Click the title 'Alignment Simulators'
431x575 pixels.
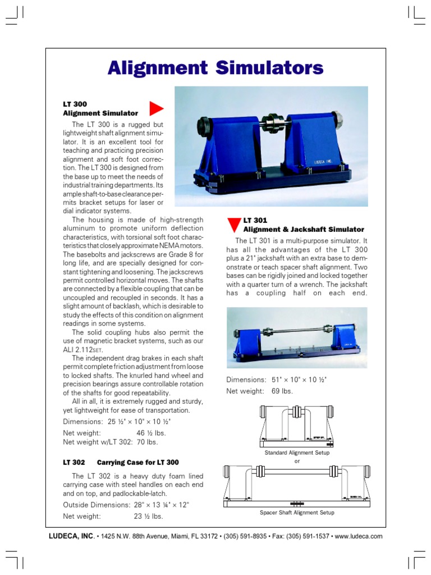click(x=215, y=68)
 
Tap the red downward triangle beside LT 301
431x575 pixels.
click(x=233, y=225)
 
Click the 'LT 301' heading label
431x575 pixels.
click(x=255, y=221)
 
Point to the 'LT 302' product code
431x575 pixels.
click(x=74, y=462)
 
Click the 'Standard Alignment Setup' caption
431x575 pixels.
click(x=297, y=452)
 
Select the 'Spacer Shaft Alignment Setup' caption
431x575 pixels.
click(x=297, y=512)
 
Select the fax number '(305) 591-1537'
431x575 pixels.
click(x=308, y=536)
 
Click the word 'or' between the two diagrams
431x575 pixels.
click(x=297, y=460)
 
